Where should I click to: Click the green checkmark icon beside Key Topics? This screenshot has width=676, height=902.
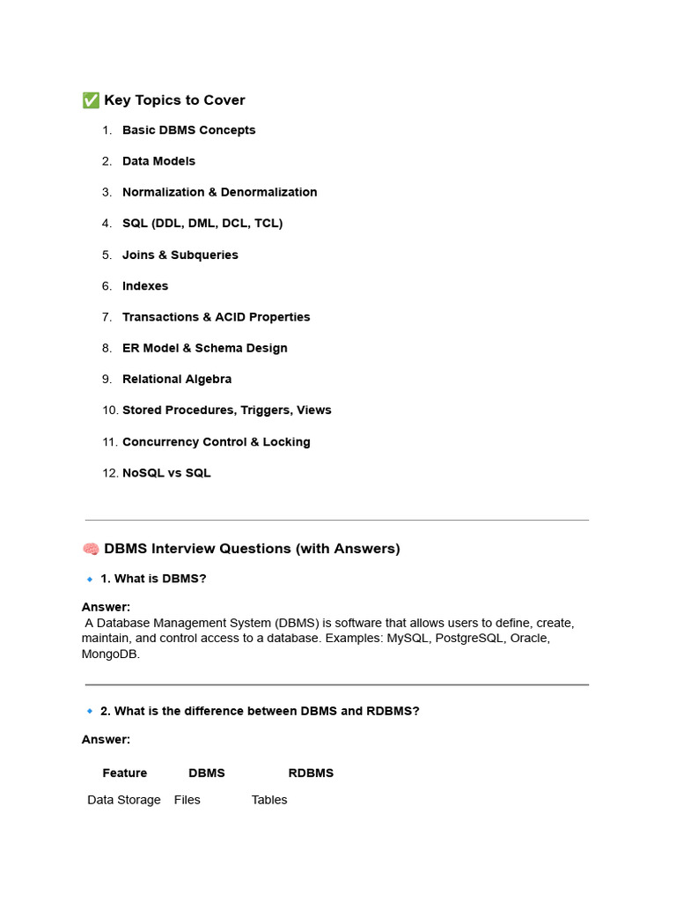coord(91,100)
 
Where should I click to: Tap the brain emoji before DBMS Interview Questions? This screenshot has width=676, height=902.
coord(91,549)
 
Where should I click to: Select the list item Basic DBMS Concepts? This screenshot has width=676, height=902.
coord(188,130)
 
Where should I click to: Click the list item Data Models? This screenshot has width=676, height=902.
coord(158,161)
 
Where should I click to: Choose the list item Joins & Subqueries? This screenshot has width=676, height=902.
coord(180,255)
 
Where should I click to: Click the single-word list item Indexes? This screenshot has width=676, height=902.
coord(145,286)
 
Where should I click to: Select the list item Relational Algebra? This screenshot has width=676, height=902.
coord(177,379)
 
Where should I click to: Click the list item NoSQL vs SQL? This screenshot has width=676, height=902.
coord(166,473)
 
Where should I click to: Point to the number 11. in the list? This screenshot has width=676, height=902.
coord(110,442)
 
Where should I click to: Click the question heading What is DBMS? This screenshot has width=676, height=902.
coord(153,579)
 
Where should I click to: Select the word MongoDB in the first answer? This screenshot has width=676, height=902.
coord(109,654)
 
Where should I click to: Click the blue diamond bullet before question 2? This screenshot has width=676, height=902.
coord(90,711)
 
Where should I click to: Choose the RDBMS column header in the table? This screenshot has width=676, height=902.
coord(311,773)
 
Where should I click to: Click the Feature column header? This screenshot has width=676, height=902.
coord(125,773)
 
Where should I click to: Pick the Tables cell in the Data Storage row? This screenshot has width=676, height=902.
coord(269,800)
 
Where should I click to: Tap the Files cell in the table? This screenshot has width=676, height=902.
coord(187,800)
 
